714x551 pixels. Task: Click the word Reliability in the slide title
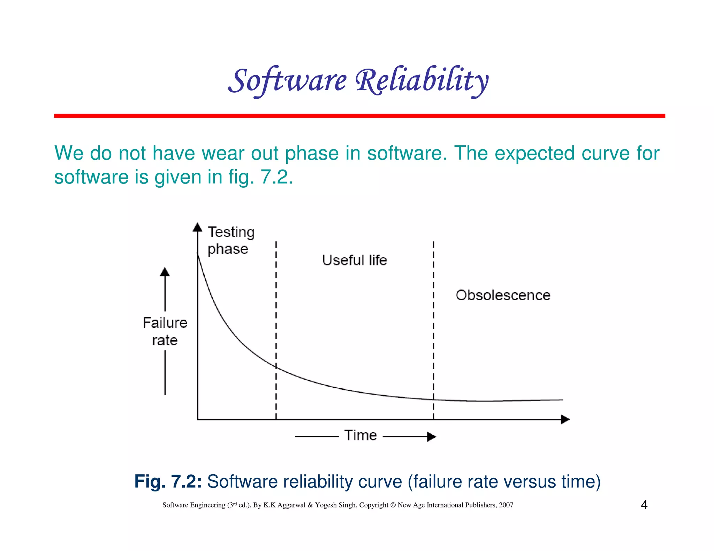422,81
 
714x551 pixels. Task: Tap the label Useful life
354,260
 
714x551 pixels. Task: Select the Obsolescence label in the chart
503,295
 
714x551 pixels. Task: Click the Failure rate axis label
165,331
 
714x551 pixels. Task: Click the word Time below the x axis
360,435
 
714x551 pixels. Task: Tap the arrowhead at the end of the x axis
565,419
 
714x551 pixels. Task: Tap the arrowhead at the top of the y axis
198,227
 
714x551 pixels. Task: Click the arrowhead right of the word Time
432,436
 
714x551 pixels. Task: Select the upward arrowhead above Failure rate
165,272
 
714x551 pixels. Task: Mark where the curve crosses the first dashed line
276,367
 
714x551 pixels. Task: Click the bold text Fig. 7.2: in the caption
168,482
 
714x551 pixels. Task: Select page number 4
644,505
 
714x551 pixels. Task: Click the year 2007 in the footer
506,505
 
